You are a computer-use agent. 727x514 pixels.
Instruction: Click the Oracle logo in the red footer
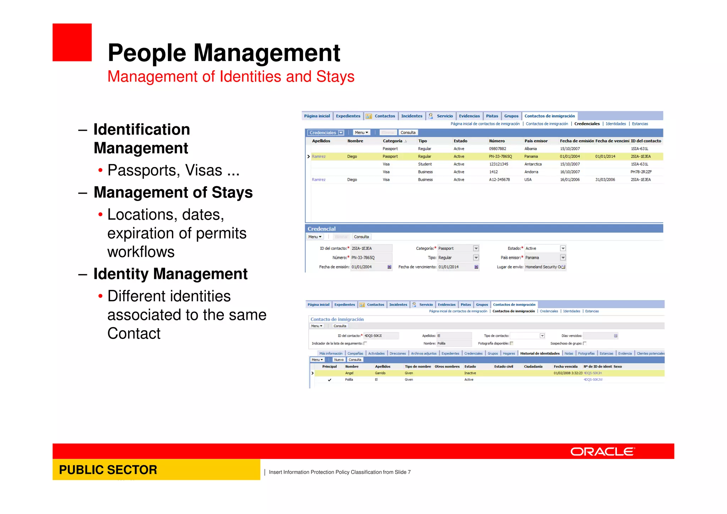[x=602, y=451]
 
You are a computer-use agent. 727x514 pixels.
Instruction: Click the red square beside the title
[x=72, y=42]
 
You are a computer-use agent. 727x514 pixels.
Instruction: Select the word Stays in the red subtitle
[x=335, y=77]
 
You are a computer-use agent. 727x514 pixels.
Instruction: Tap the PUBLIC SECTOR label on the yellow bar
[x=108, y=470]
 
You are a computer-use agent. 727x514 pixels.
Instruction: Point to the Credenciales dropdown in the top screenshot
[x=326, y=132]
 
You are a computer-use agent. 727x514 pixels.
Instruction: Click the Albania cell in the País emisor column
[x=530, y=149]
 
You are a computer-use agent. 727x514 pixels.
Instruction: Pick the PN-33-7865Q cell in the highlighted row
[x=500, y=156]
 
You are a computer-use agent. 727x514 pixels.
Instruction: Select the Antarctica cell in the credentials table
[x=533, y=164]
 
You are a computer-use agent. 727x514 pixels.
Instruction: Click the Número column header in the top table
[x=497, y=141]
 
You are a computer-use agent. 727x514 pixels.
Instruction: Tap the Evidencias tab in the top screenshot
[x=469, y=116]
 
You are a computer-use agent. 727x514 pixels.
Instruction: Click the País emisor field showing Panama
[x=545, y=258]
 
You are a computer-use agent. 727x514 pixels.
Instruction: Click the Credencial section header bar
[x=484, y=229]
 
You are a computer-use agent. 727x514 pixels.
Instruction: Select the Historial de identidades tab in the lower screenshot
[x=540, y=353]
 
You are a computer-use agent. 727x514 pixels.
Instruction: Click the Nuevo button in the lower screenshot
[x=339, y=360]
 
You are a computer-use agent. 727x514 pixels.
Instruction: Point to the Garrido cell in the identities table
[x=380, y=373]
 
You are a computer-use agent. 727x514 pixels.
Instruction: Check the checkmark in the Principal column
[x=329, y=380]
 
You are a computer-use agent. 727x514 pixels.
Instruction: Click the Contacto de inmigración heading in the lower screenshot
[x=337, y=319]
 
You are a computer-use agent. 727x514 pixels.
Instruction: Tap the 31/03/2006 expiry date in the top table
[x=605, y=180]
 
